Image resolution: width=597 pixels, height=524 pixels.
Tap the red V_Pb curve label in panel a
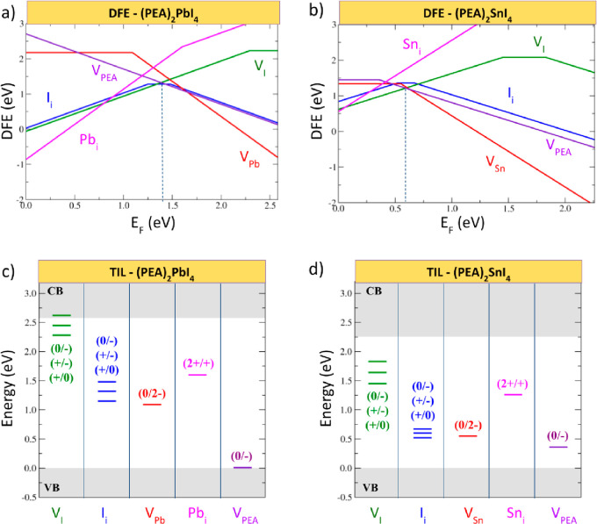[249, 157]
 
